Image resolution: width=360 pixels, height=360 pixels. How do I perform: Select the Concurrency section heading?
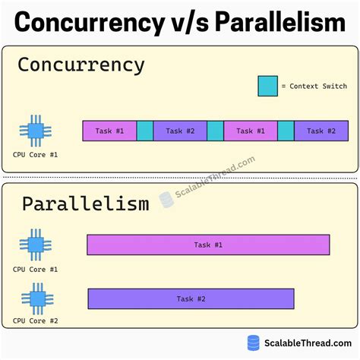81,65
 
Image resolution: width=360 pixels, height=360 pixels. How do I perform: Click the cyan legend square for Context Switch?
267,86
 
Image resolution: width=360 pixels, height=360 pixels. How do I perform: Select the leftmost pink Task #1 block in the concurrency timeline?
109,131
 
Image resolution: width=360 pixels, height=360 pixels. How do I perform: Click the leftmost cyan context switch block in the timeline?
145,131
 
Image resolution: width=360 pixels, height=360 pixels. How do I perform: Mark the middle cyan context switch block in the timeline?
215,131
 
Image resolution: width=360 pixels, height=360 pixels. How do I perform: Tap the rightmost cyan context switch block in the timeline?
286,131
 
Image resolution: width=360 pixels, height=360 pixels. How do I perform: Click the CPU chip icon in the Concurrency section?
35,131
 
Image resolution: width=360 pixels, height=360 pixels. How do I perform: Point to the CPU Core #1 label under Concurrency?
35,155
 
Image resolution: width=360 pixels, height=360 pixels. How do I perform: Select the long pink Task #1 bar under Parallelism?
208,245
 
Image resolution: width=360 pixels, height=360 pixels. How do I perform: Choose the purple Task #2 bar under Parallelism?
191,298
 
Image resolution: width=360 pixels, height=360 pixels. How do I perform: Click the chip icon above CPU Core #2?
35,298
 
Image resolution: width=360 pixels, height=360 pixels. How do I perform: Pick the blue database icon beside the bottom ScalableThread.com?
254,343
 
